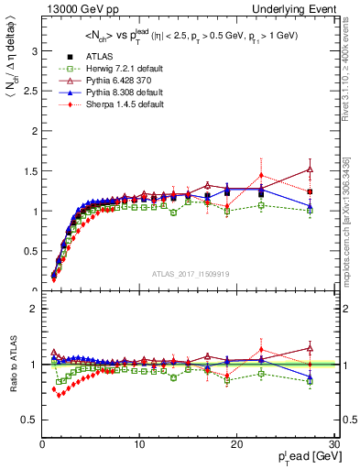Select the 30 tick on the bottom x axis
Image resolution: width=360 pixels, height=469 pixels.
[334, 444]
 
